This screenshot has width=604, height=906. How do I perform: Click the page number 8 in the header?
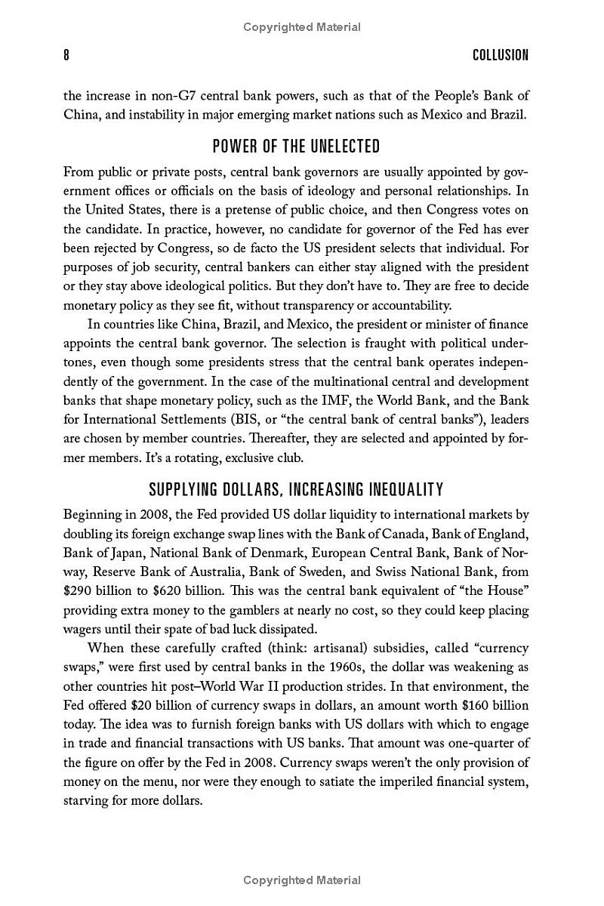click(66, 55)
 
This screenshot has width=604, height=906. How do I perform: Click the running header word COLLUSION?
click(501, 55)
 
